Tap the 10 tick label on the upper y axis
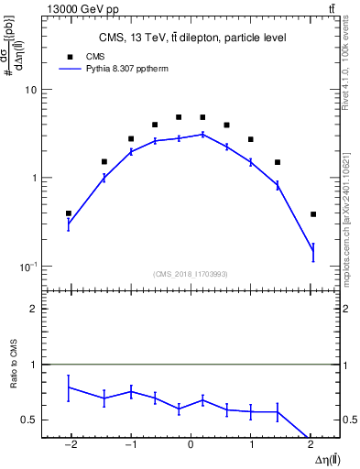click(30, 91)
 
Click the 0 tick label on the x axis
click(191, 444)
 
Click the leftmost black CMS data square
click(69, 213)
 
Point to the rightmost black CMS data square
click(313, 214)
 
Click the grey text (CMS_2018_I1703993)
click(191, 274)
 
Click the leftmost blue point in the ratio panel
click(69, 387)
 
